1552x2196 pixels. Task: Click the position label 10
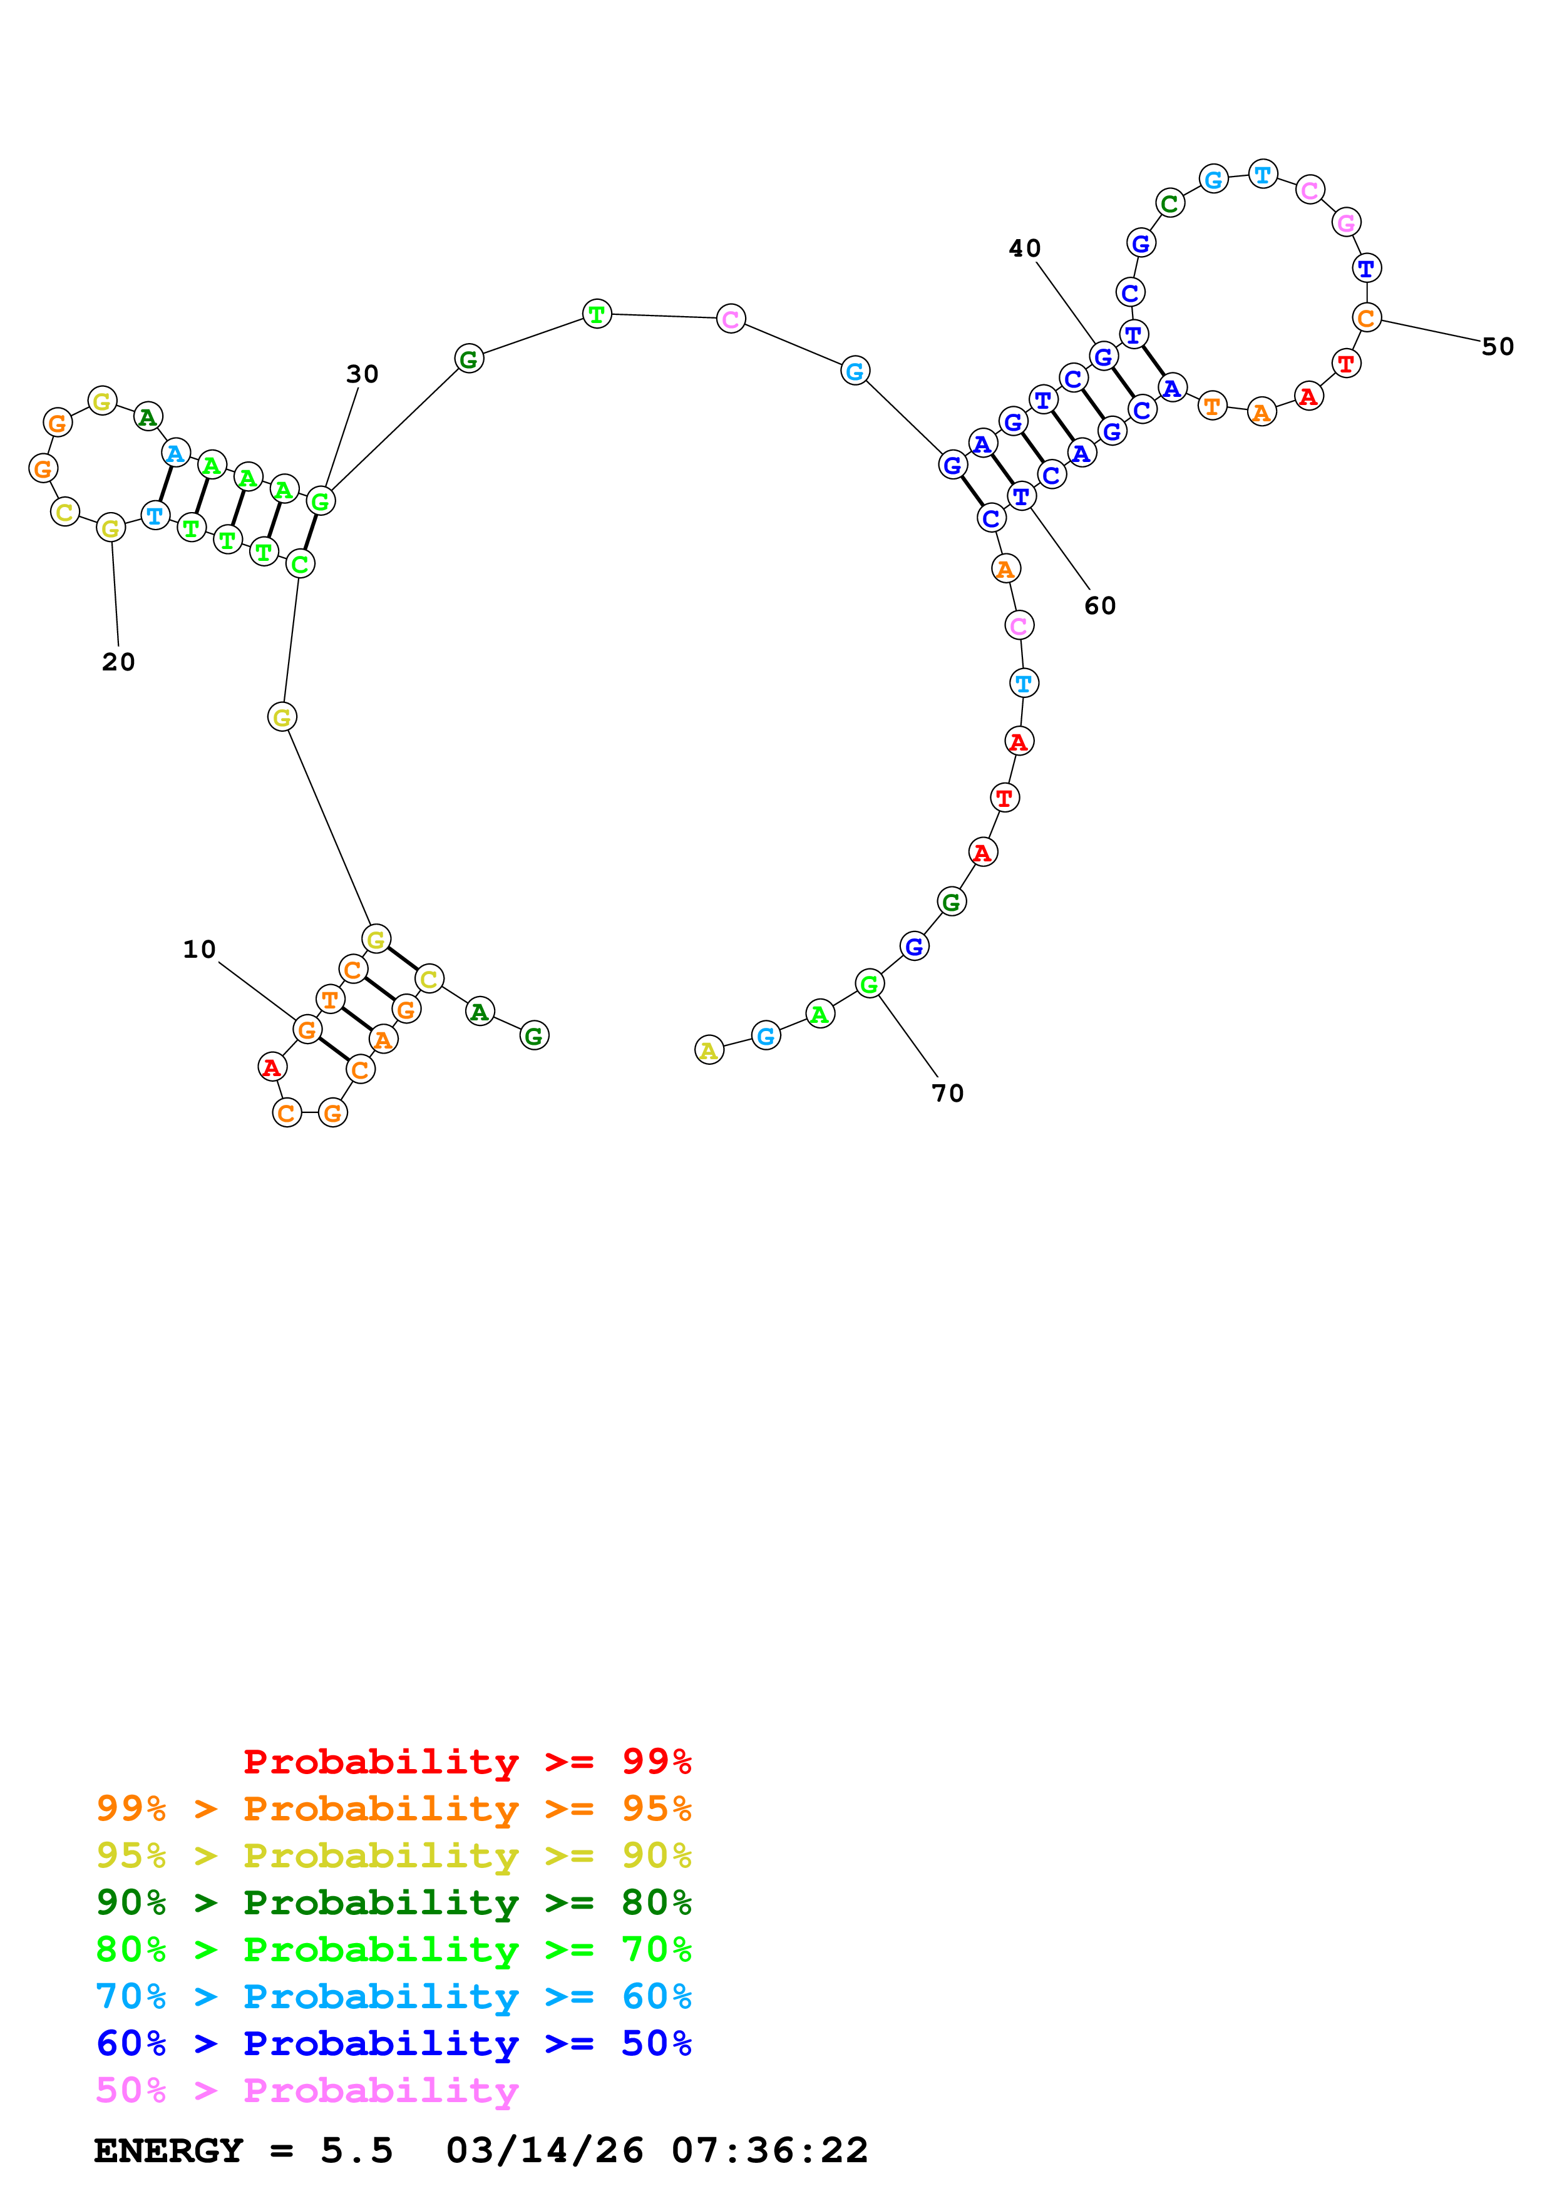[199, 949]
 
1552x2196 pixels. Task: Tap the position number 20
[118, 662]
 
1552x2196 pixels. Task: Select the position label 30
[362, 374]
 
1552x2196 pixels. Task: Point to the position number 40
[1024, 249]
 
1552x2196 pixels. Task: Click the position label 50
[1498, 347]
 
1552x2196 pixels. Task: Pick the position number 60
[1100, 605]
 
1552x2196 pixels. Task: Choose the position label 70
[948, 1093]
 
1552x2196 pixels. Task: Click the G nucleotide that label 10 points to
[307, 1030]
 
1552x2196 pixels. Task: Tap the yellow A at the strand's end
[709, 1050]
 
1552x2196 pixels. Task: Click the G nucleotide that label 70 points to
[869, 983]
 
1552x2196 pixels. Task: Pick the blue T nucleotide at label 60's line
[1021, 496]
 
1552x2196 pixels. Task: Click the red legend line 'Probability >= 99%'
[466, 1762]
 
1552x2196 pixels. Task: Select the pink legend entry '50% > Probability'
[307, 2091]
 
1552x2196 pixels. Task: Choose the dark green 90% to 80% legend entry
[393, 1902]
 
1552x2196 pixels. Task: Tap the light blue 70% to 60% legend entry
[393, 1997]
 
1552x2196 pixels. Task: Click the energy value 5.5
[357, 2151]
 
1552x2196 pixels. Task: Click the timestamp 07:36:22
[770, 2151]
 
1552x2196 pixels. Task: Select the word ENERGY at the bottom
[168, 2151]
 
